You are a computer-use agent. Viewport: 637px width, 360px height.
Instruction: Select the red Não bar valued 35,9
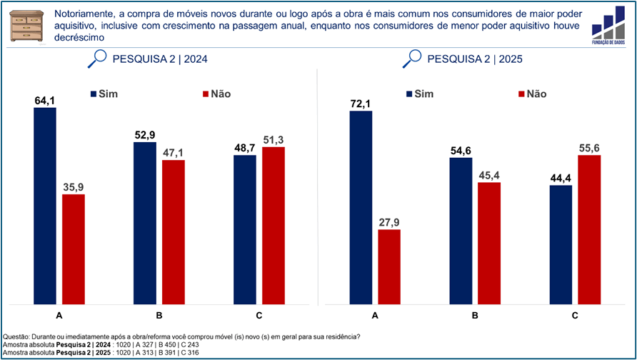point(74,249)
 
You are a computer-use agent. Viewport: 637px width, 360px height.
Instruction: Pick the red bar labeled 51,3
point(274,225)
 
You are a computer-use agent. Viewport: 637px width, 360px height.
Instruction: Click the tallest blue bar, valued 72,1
point(361,207)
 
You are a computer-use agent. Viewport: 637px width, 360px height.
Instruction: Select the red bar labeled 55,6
point(589,229)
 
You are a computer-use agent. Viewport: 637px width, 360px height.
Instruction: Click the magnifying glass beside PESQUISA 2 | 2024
point(96,59)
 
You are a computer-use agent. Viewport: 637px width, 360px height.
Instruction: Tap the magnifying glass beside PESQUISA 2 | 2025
point(411,59)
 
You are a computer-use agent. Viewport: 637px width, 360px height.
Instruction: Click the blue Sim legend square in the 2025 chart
point(409,94)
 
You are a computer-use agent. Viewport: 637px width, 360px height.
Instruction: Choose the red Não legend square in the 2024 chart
point(206,94)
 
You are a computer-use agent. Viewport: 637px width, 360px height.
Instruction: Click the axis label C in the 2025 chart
point(575,316)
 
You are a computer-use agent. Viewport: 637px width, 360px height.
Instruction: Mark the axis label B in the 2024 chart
point(159,316)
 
